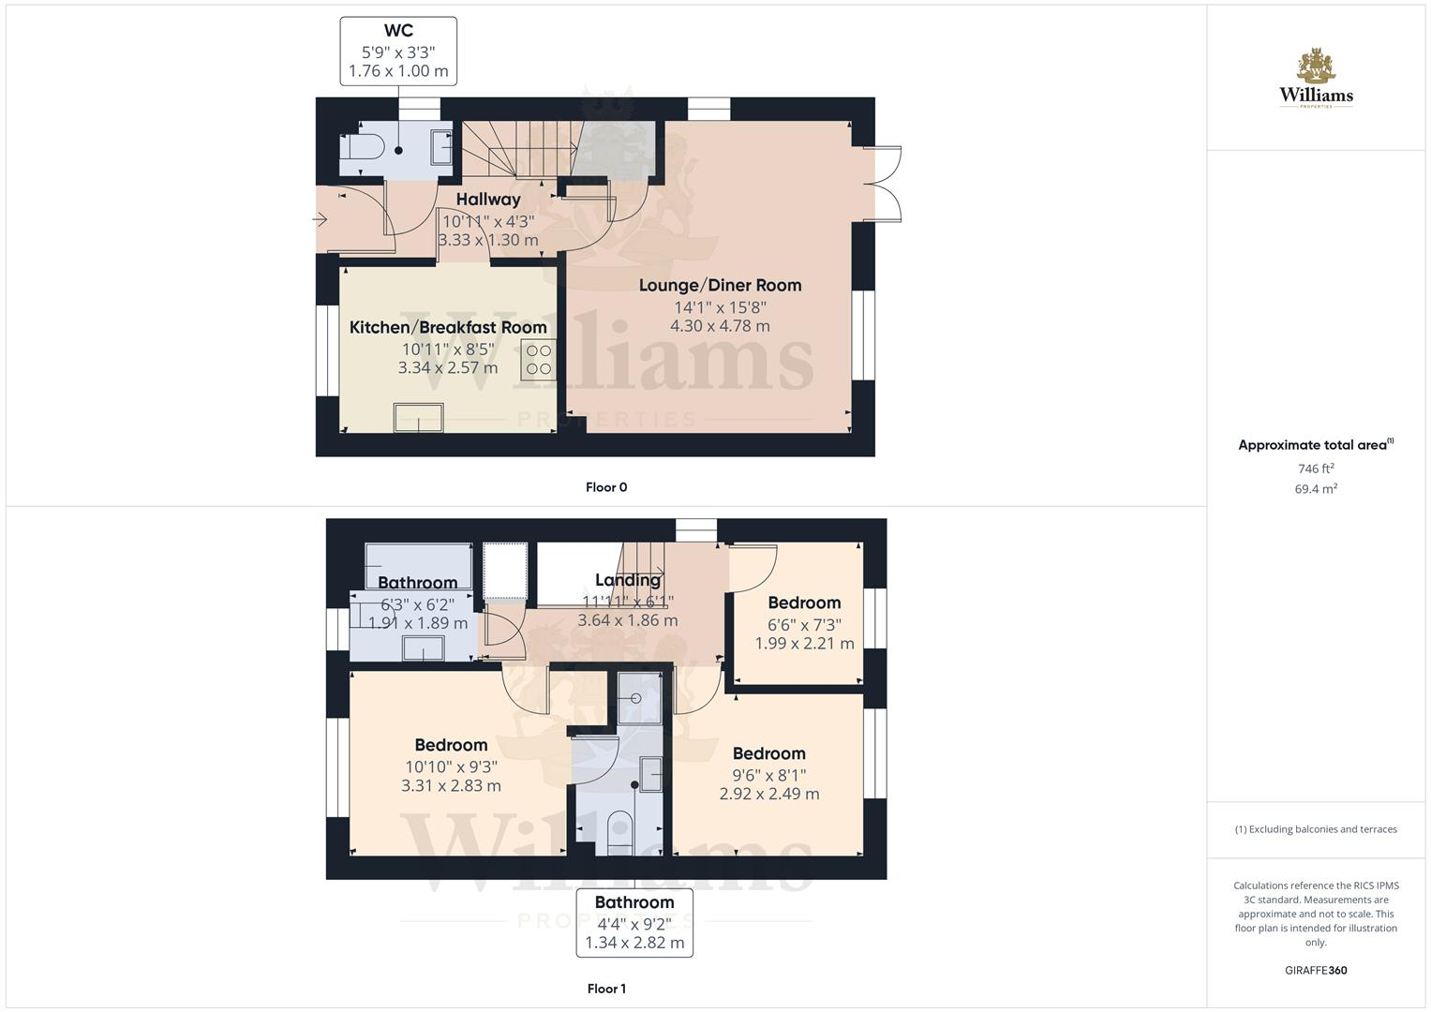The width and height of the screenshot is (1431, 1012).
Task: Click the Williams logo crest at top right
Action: pos(1316,67)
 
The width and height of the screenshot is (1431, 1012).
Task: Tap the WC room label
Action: pos(398,31)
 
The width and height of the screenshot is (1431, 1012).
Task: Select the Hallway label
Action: pos(488,200)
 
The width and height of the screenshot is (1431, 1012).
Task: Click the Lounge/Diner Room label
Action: pos(720,285)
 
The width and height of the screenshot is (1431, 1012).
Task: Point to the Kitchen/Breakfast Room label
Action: pos(448,327)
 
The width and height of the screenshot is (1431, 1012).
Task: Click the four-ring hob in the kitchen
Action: pos(539,359)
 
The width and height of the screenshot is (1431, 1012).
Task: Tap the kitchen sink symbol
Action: pos(419,417)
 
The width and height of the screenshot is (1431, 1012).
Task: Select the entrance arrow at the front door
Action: pos(320,220)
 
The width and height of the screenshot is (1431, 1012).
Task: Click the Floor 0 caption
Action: pos(606,487)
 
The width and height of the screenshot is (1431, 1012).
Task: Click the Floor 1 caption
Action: pos(606,989)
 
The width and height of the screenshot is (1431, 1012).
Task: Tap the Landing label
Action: pos(628,580)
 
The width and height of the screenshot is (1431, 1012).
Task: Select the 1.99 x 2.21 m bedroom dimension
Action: pos(804,644)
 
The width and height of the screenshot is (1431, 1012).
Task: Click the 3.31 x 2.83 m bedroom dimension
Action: pos(451,786)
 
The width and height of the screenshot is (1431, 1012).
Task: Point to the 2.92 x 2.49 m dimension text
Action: pos(768,795)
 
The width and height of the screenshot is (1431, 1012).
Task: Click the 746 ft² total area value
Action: pos(1316,469)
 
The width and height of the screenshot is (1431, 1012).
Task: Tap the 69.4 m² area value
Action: pos(1316,489)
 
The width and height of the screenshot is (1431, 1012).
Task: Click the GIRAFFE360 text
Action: pos(1316,971)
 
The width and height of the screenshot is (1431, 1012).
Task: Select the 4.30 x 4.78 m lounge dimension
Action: pos(720,326)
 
